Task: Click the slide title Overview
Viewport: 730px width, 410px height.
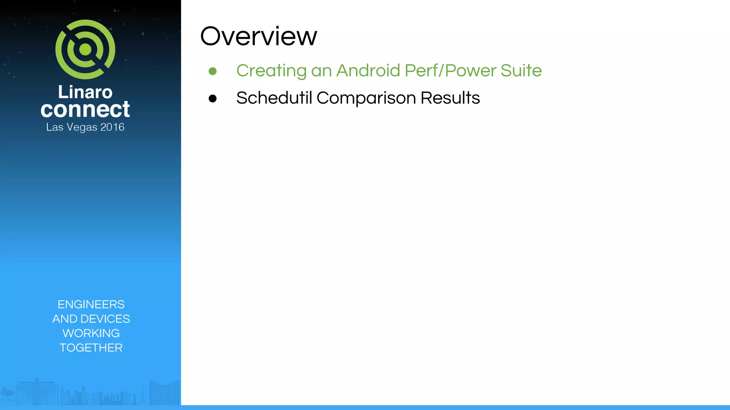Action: [258, 36]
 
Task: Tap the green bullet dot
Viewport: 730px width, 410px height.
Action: [213, 71]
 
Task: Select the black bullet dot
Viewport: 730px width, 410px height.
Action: [213, 99]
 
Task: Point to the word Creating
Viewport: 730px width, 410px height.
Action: [271, 70]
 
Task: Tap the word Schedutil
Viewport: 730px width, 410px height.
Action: [274, 98]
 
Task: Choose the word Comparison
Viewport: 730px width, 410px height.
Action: [366, 98]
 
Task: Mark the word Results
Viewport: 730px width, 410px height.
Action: [450, 98]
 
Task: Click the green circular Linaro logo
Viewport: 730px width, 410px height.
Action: [85, 49]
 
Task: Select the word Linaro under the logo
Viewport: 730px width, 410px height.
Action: [85, 92]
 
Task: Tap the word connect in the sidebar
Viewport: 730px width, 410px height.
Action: [85, 109]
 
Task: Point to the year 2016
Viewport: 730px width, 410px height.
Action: [112, 127]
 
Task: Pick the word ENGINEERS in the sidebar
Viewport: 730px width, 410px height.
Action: [91, 305]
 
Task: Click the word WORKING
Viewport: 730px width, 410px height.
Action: [91, 333]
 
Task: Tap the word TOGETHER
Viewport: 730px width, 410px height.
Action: [91, 348]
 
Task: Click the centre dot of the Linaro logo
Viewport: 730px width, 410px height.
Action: [85, 49]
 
